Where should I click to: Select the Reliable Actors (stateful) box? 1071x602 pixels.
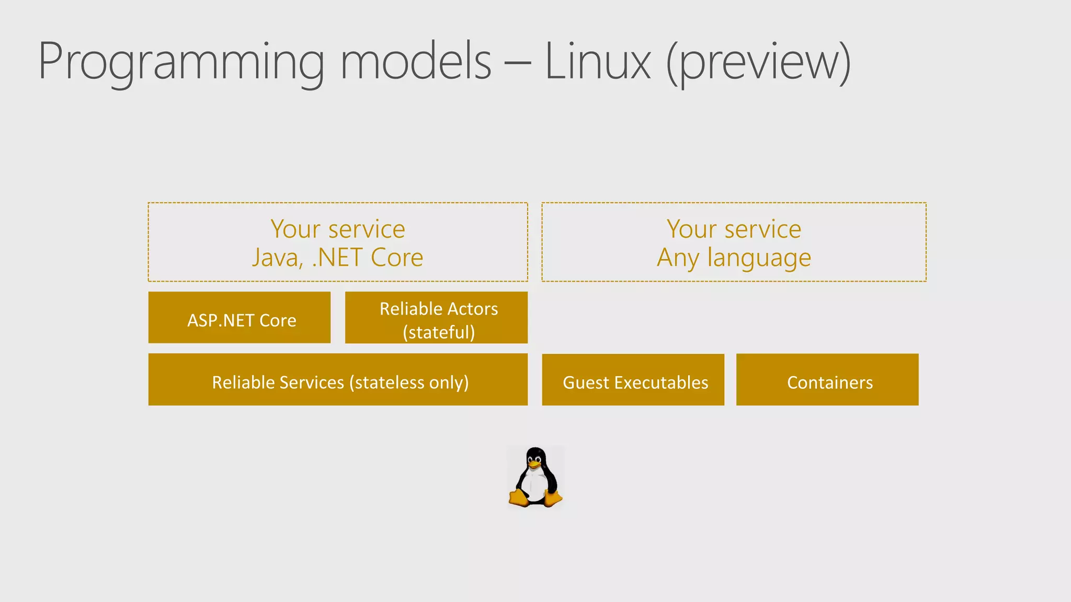coord(436,318)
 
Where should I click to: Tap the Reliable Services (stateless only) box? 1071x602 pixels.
coord(338,380)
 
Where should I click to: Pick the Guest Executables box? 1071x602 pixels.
coord(633,380)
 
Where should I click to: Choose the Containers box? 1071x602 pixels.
coord(827,380)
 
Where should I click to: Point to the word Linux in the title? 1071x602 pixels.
coord(598,62)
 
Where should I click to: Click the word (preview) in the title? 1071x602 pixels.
coord(759,63)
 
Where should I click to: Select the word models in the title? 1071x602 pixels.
coord(416,62)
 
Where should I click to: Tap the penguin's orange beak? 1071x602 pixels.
coord(534,464)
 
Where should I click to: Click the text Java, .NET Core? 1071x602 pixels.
coord(338,258)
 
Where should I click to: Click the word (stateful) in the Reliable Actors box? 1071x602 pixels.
coord(439,332)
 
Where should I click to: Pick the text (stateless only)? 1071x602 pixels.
coord(412,383)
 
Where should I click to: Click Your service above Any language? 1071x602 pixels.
coord(734,229)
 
